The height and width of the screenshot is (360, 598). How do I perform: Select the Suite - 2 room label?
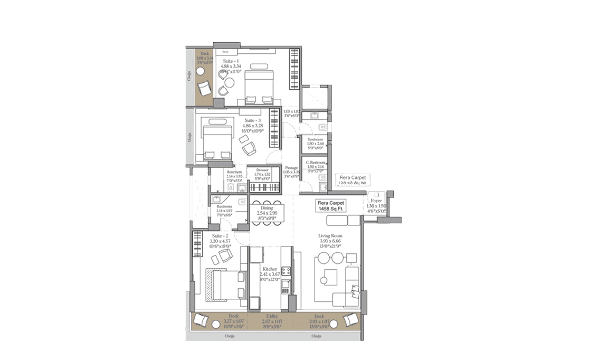click(x=220, y=236)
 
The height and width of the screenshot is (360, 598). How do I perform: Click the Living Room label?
click(x=330, y=236)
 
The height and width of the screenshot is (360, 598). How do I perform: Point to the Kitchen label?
click(x=270, y=269)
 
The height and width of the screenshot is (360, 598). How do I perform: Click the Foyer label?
click(x=376, y=201)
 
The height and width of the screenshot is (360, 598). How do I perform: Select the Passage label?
click(x=291, y=168)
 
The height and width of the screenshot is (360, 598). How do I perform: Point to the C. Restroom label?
click(x=316, y=163)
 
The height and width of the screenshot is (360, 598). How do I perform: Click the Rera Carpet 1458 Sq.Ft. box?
click(x=330, y=205)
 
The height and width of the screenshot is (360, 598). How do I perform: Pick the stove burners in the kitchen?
click(x=287, y=271)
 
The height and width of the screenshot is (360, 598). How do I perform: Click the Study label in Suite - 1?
click(x=225, y=52)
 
